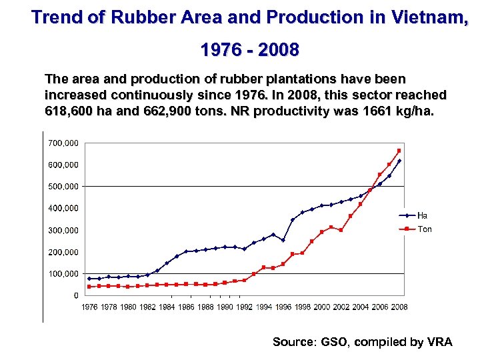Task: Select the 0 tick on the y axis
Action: point(76,295)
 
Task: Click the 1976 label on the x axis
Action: point(89,307)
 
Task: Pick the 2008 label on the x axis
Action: point(399,307)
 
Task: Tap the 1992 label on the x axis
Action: point(244,307)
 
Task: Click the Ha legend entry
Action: point(422,215)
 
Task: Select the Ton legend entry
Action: point(424,229)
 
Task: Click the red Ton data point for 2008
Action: point(399,151)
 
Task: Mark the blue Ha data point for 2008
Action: point(399,161)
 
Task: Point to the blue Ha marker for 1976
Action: point(89,279)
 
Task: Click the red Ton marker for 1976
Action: point(89,287)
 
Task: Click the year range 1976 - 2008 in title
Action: point(249,49)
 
